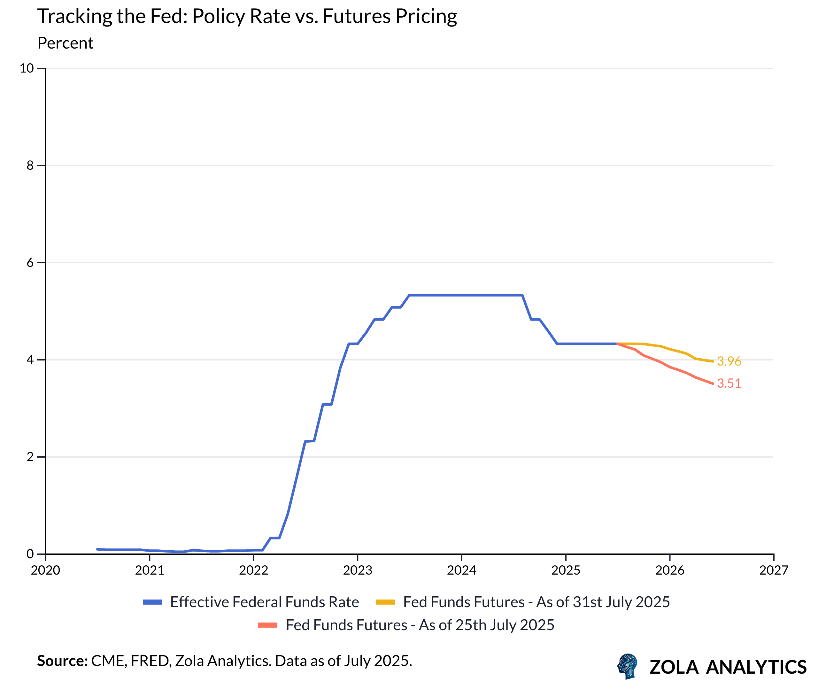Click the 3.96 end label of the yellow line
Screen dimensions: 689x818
(729, 361)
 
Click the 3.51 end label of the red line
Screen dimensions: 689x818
(729, 383)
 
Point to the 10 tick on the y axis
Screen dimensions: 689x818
(27, 68)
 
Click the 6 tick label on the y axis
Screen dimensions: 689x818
(30, 262)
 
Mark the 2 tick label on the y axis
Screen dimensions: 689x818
(30, 457)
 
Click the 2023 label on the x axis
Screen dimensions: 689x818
(357, 570)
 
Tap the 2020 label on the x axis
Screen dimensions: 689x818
(46, 570)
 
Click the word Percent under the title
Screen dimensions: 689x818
(65, 43)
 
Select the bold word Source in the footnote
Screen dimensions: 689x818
(62, 661)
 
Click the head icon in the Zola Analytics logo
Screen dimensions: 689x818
(628, 666)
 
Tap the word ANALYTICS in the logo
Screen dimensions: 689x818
(756, 667)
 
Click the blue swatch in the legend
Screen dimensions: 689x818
(153, 602)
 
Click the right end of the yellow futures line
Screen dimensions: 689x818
(713, 361)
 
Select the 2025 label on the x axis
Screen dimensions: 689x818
(565, 570)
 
